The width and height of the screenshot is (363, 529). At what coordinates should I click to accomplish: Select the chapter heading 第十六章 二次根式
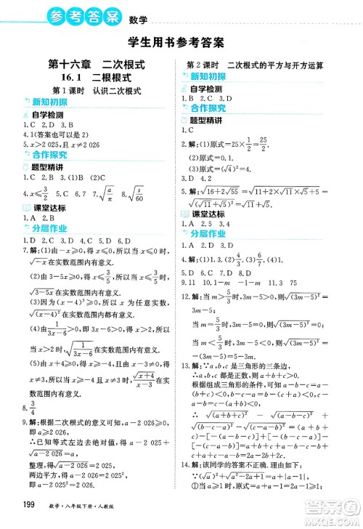[91, 64]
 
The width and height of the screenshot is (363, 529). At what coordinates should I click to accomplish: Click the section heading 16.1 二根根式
[91, 78]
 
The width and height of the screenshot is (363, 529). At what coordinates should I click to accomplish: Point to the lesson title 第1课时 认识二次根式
[91, 91]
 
